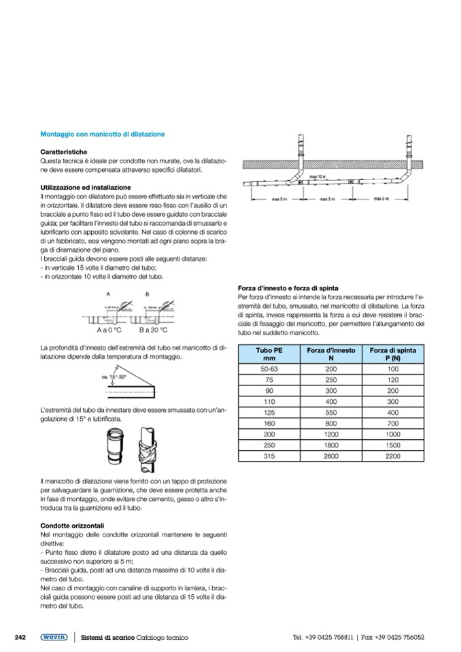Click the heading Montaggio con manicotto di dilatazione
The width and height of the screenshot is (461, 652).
103,135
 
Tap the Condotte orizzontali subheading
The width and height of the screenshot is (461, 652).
71,525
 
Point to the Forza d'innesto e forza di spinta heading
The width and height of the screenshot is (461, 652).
288,288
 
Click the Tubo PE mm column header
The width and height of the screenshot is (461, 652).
268,353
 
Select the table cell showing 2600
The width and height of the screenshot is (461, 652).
330,456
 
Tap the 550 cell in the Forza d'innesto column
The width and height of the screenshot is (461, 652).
330,412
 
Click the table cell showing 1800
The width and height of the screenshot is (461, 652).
330,445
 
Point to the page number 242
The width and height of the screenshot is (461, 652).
20,636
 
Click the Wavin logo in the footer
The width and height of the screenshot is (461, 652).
53,637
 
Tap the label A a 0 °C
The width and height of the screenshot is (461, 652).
109,330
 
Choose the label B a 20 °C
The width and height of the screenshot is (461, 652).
154,330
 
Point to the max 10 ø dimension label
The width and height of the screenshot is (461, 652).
314,176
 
